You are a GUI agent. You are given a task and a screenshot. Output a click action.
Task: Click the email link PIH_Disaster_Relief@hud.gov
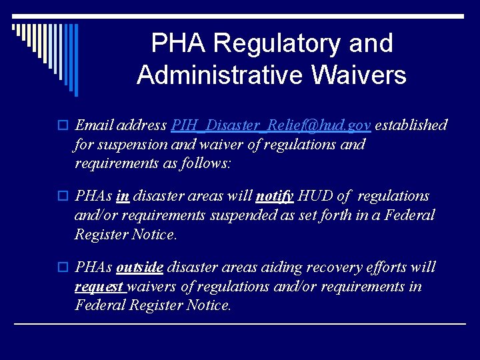[271, 125]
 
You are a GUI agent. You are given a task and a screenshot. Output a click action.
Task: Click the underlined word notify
[275, 197]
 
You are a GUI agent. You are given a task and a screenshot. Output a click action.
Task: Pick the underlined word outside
[139, 268]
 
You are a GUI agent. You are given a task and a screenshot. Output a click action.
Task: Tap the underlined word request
[99, 287]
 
